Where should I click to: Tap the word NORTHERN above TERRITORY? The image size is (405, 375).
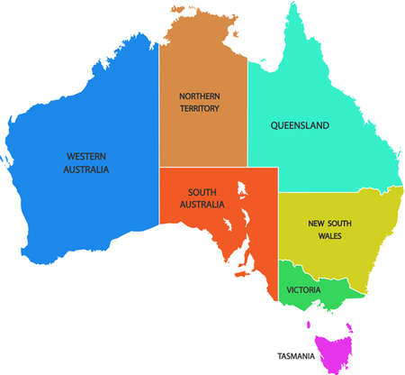click(x=200, y=96)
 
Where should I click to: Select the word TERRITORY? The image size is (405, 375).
click(x=200, y=109)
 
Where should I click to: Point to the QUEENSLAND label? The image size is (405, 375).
click(x=300, y=125)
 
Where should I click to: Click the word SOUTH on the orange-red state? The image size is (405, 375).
click(x=202, y=192)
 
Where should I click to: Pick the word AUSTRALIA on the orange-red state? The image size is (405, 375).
click(x=202, y=206)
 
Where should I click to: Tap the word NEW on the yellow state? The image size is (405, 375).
click(x=316, y=224)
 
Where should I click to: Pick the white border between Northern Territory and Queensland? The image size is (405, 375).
click(x=247, y=117)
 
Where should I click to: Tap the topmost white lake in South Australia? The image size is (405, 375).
click(x=241, y=190)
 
